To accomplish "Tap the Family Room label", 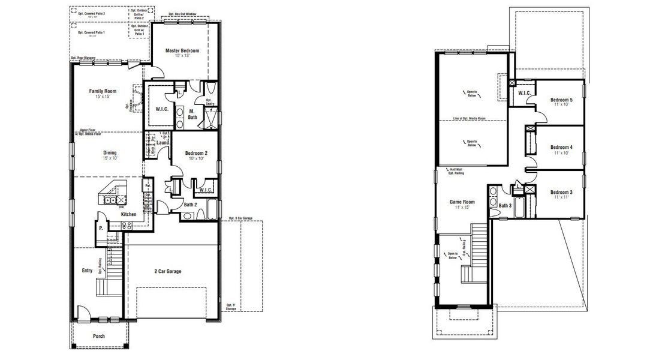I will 103,91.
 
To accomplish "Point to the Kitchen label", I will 129,214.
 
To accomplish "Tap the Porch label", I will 98,336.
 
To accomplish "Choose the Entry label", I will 87,271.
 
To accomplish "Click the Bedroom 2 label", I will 196,154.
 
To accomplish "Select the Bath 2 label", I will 190,205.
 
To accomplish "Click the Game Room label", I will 462,202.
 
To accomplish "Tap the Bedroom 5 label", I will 561,100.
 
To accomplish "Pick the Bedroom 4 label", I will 561,147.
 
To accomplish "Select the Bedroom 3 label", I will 561,192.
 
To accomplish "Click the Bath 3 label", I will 505,206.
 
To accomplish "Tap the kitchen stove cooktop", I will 127,225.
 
